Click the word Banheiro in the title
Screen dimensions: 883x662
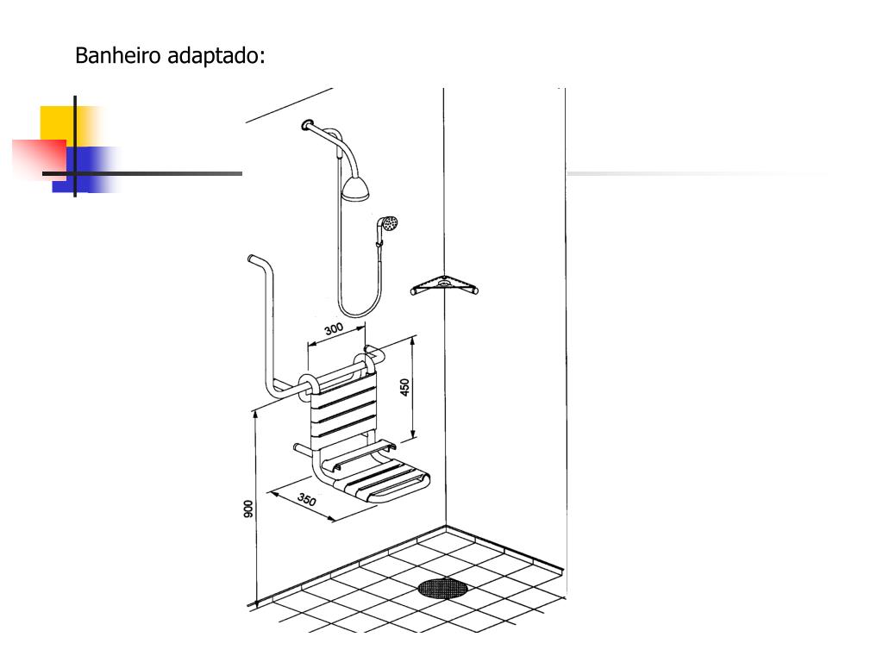pos(116,56)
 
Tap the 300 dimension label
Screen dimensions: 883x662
pos(334,329)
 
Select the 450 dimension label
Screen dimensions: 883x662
pos(404,387)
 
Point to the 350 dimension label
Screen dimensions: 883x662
pos(307,500)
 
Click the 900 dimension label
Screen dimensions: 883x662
pos(248,509)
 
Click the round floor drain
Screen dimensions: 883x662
pos(442,589)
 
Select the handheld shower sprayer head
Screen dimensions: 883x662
pos(391,223)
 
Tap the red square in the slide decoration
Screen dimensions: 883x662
pos(38,158)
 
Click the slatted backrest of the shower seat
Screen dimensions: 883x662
pos(344,409)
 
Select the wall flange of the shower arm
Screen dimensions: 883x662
pos(308,127)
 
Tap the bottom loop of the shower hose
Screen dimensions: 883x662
pos(358,312)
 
